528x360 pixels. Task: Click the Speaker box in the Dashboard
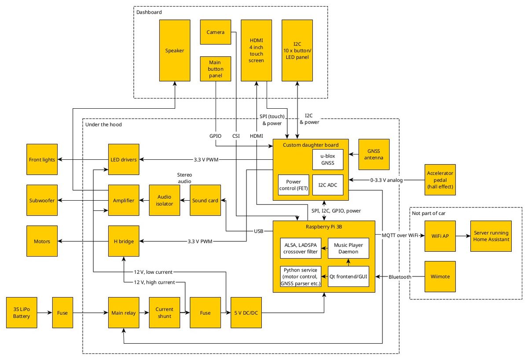point(175,51)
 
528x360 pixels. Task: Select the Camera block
point(216,32)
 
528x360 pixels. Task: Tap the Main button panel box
point(216,69)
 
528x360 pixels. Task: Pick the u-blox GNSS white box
point(328,159)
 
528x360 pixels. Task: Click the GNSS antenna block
point(374,154)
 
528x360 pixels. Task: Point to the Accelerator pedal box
point(440,180)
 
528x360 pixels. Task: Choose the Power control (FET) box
point(293,185)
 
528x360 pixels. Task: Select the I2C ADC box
point(328,185)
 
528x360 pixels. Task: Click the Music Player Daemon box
point(348,248)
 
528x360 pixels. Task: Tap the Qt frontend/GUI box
point(348,276)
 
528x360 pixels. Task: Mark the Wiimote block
point(440,276)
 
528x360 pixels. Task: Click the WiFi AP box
point(440,236)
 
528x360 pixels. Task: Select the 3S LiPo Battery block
point(22,312)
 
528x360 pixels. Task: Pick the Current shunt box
point(165,312)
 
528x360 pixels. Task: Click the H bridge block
point(124,241)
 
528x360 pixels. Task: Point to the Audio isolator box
point(165,200)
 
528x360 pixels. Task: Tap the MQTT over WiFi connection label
point(400,235)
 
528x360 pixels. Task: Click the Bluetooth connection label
point(400,277)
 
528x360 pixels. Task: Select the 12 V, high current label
point(154,282)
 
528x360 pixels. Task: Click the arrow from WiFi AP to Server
point(463,236)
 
